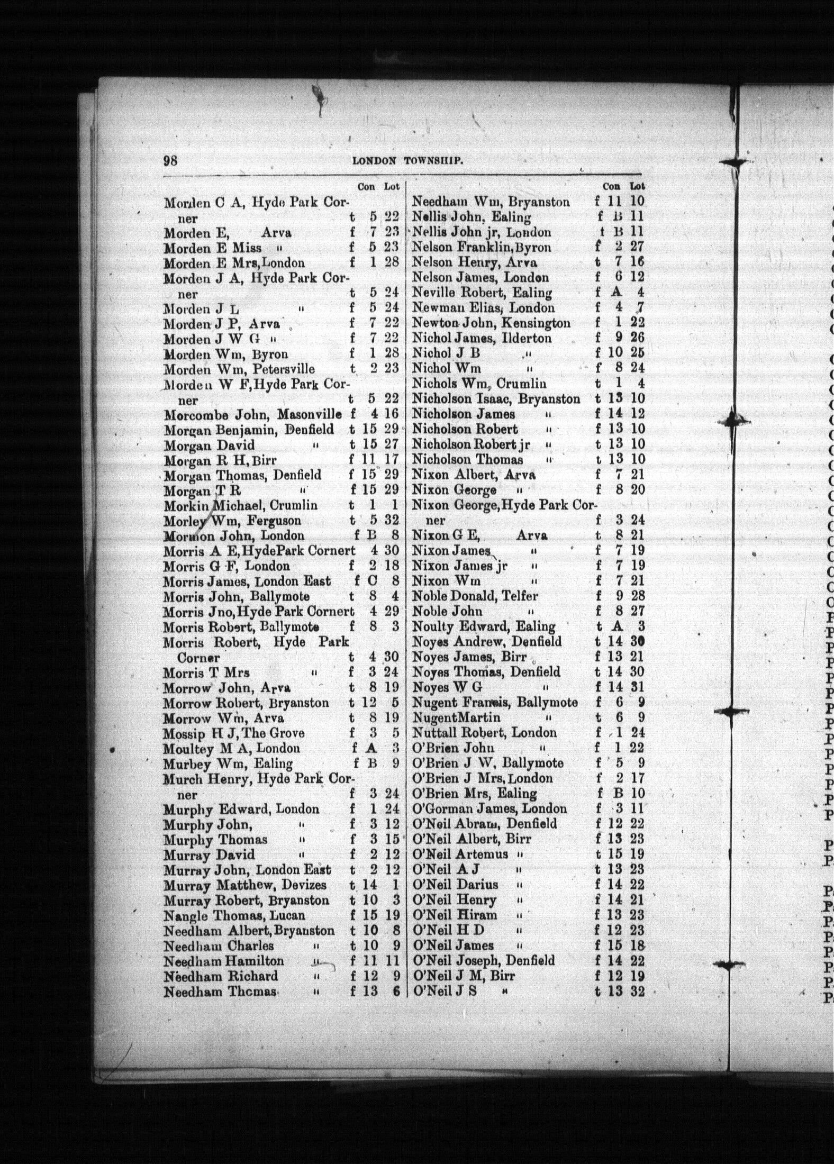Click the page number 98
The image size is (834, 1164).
(170, 161)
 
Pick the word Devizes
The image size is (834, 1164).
(304, 885)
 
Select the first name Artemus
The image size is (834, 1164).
(481, 854)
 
